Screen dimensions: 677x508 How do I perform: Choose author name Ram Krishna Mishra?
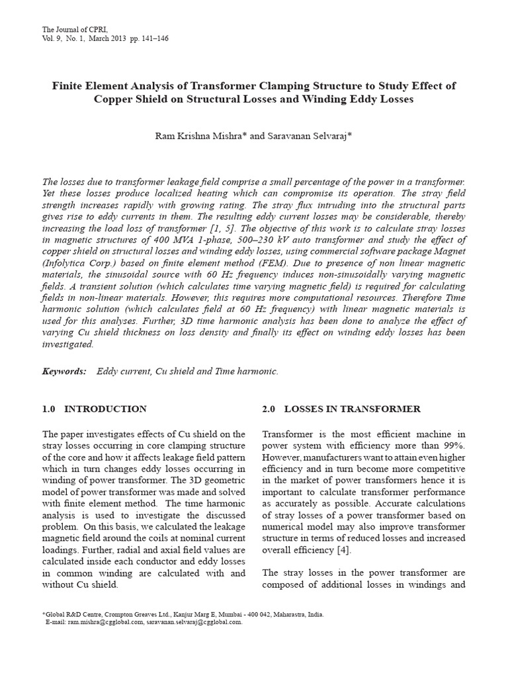click(192, 136)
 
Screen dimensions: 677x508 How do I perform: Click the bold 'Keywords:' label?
click(64, 372)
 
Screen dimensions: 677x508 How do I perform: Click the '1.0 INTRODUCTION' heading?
click(94, 409)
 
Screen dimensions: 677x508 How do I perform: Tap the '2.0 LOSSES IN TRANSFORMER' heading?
click(341, 409)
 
